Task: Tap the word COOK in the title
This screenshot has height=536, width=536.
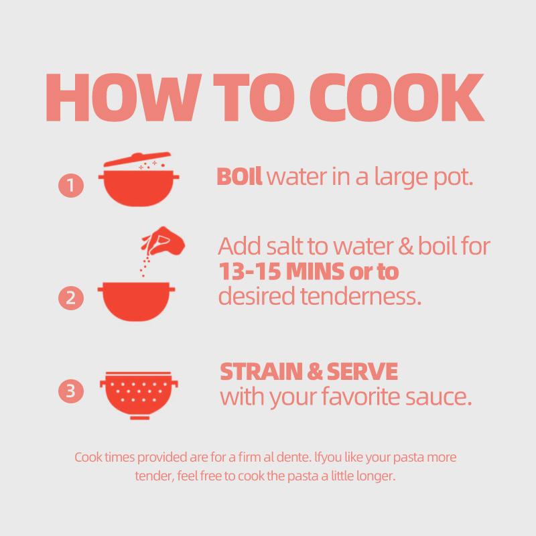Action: tap(397, 97)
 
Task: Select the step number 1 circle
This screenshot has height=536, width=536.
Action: tap(71, 186)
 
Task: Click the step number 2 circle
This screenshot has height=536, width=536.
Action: tap(71, 297)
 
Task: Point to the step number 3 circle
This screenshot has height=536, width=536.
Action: tap(71, 391)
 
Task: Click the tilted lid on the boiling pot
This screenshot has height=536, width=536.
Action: tap(137, 159)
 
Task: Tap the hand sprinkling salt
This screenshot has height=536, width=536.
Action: tap(163, 241)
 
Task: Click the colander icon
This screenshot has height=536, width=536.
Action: tap(139, 395)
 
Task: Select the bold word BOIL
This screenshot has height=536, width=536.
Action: tap(239, 176)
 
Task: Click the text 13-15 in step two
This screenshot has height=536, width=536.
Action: tap(250, 271)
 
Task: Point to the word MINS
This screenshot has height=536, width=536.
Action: tap(315, 271)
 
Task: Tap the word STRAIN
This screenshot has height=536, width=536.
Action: tap(261, 372)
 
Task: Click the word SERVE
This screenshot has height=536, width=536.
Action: tap(362, 372)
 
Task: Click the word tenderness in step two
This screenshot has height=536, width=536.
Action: tap(361, 296)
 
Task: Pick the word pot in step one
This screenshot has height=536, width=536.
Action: tap(454, 178)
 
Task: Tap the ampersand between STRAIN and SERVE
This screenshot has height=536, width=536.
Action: tap(315, 372)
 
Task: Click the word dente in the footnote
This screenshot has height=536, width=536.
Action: tap(293, 458)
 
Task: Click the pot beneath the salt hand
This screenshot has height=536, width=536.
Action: tap(136, 301)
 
